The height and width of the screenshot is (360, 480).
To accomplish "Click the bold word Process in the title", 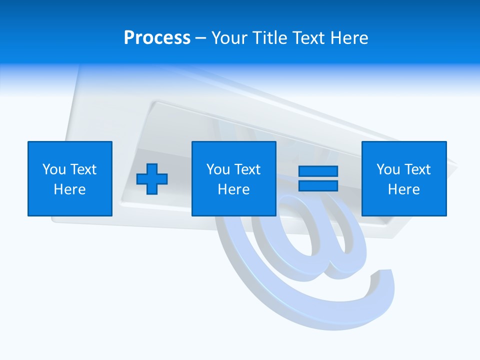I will pyautogui.click(x=157, y=37).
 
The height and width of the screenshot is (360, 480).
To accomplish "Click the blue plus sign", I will pyautogui.click(x=152, y=178).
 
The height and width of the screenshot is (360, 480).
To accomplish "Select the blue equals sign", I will pyautogui.click(x=318, y=178).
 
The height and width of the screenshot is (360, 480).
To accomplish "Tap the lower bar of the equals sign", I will pyautogui.click(x=318, y=185).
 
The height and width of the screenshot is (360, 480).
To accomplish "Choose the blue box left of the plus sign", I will pyautogui.click(x=70, y=178).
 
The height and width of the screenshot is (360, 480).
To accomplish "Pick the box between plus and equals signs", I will pyautogui.click(x=233, y=178).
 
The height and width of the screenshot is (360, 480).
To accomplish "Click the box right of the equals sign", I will pyautogui.click(x=404, y=178).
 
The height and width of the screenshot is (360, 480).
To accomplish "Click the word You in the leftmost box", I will pyautogui.click(x=53, y=169).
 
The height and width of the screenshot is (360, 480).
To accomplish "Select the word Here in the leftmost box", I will pyautogui.click(x=70, y=189).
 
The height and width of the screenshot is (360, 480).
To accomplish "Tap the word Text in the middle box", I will pyautogui.click(x=247, y=169).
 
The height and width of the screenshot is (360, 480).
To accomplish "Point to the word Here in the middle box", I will pyautogui.click(x=233, y=189).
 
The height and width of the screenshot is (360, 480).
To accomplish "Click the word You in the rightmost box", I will pyautogui.click(x=388, y=169).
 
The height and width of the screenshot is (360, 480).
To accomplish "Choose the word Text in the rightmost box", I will pyautogui.click(x=417, y=169).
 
